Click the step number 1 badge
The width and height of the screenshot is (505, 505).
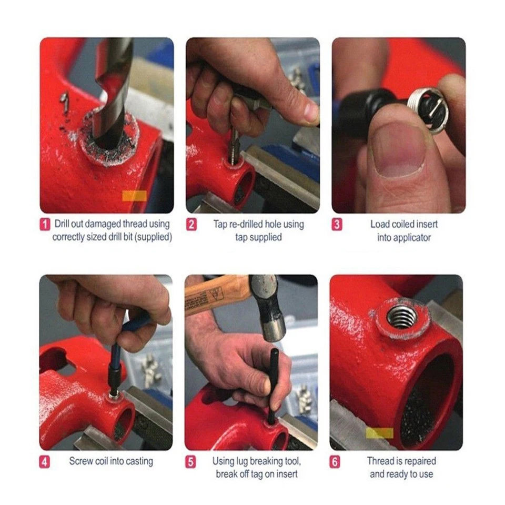pyautogui.click(x=46, y=224)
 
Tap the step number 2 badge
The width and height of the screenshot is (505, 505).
pyautogui.click(x=192, y=224)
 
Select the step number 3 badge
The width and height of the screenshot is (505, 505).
pyautogui.click(x=337, y=224)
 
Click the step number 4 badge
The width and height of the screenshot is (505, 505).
pyautogui.click(x=46, y=462)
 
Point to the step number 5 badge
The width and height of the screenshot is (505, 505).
pyautogui.click(x=191, y=462)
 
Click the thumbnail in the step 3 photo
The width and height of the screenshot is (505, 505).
pyautogui.click(x=399, y=148)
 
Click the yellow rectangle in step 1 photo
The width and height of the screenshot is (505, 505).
pyautogui.click(x=135, y=196)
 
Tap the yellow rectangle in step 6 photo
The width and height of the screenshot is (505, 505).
pyautogui.click(x=379, y=433)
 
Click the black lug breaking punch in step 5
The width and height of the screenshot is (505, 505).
pyautogui.click(x=272, y=384)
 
